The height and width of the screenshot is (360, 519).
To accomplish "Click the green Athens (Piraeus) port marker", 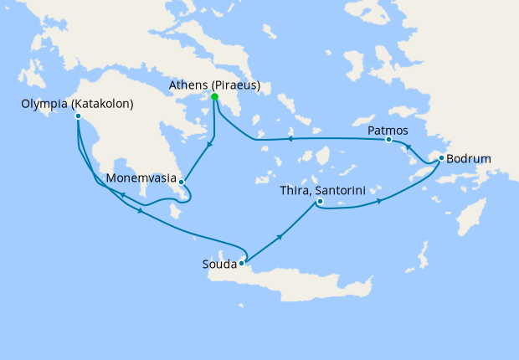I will tap(215, 97).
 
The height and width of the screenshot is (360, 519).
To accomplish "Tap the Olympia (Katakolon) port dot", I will tap(78, 116).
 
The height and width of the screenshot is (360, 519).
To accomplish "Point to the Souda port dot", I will tap(241, 264).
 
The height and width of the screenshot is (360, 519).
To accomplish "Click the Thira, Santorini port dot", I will tap(320, 201).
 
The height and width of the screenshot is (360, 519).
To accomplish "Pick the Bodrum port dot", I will tap(441, 158).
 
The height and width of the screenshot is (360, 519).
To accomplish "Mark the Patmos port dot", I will tap(388, 140).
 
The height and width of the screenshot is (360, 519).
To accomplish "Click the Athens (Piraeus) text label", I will tap(215, 85).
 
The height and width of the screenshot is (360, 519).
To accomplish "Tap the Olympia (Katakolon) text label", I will tap(78, 104).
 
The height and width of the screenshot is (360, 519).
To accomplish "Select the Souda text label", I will tap(218, 265).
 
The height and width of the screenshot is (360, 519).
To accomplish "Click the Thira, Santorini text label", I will tap(321, 189).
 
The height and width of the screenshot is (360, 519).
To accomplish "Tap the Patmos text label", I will tap(388, 130).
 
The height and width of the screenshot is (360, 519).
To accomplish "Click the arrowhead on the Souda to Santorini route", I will tap(280, 238).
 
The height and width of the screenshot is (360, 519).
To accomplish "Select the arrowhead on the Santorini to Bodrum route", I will tap(381, 201).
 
